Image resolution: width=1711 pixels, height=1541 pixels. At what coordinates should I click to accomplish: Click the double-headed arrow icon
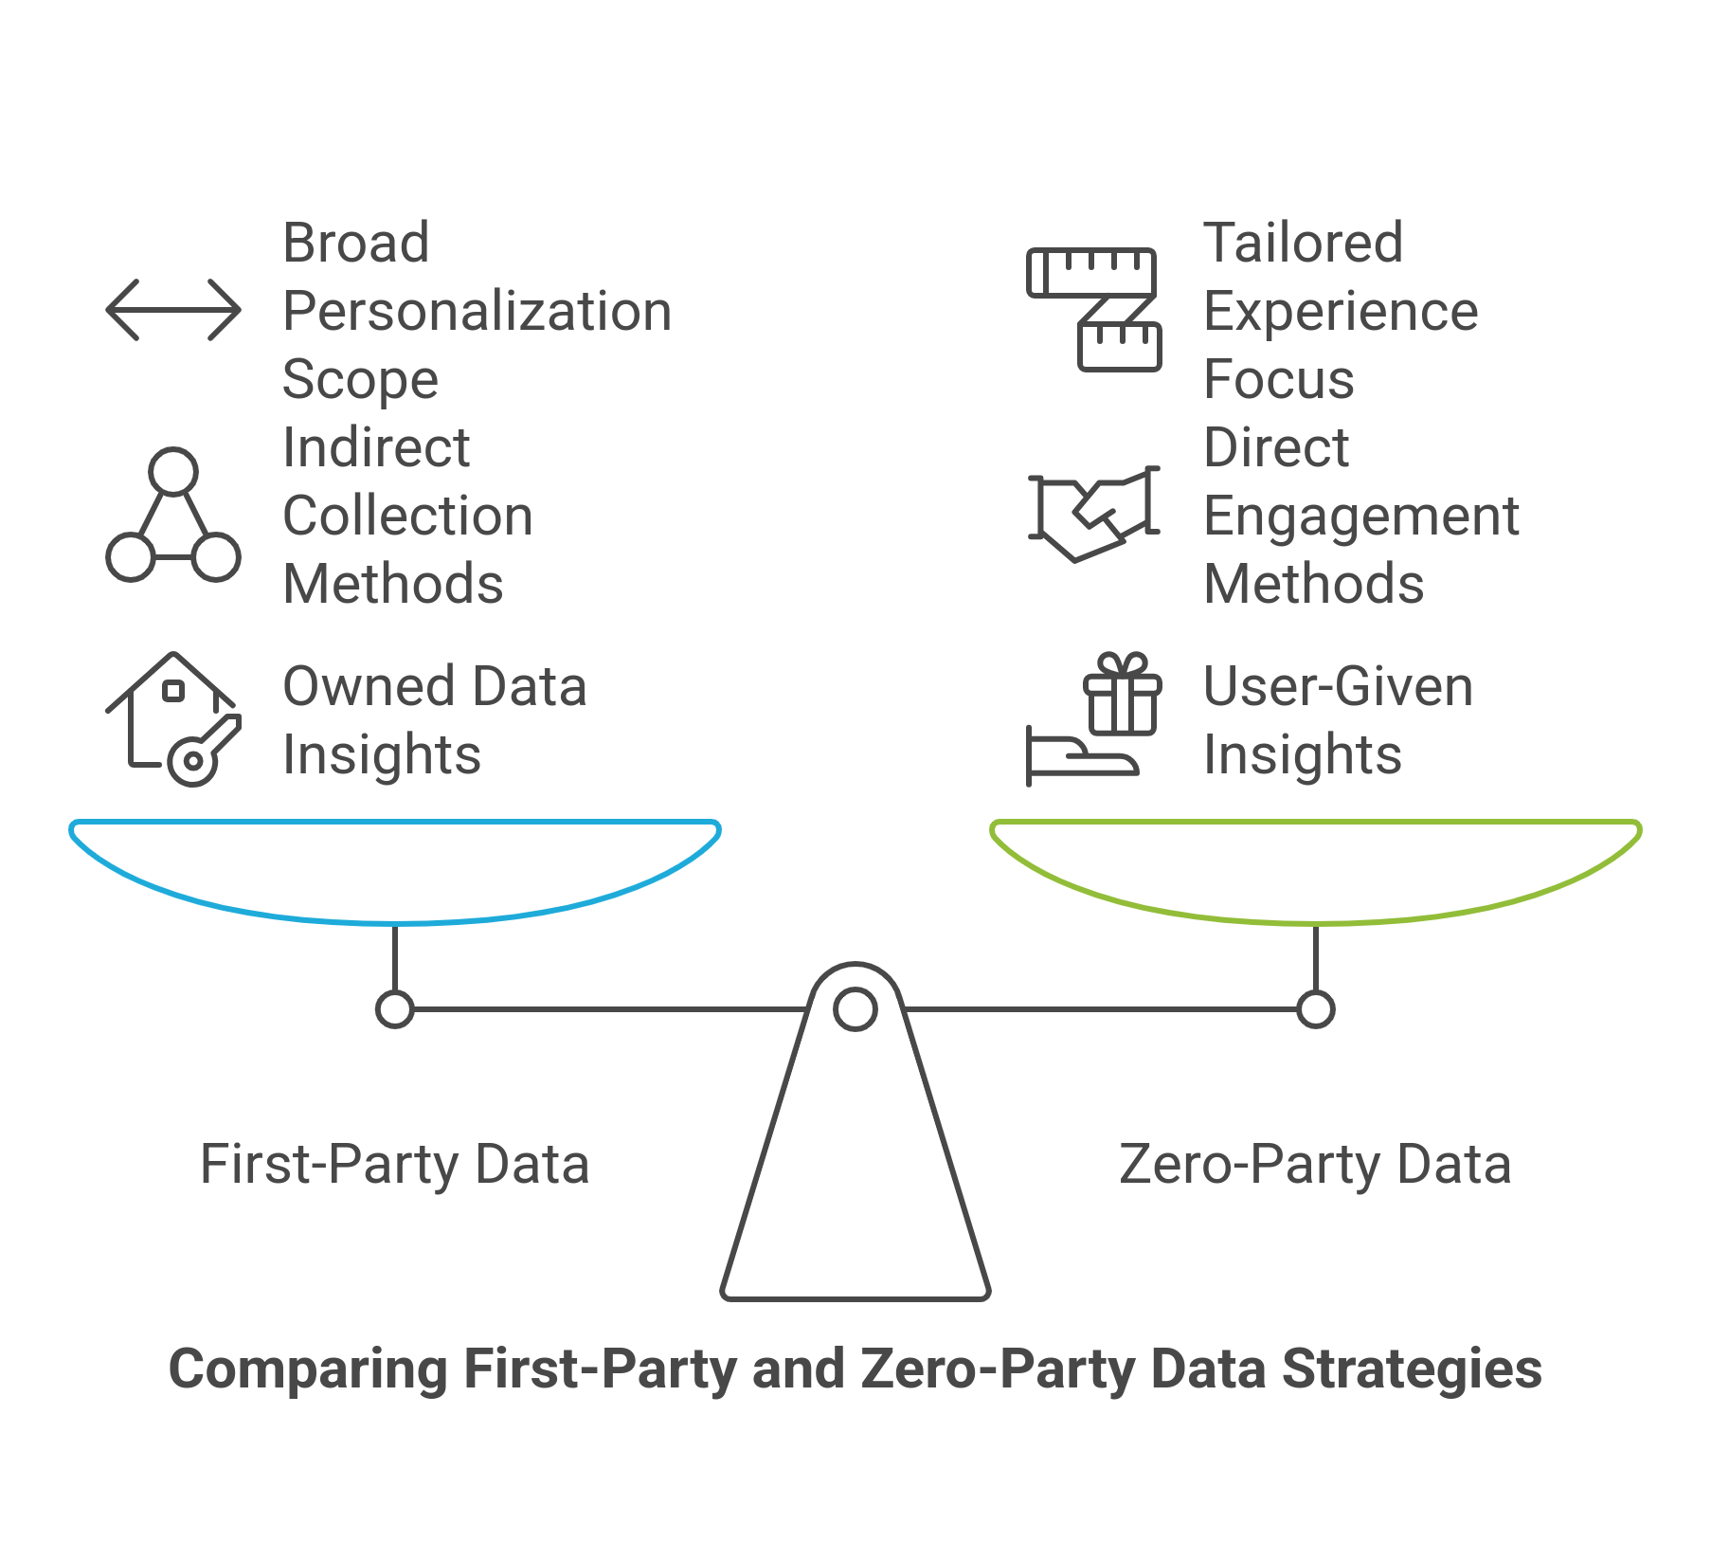[x=173, y=310]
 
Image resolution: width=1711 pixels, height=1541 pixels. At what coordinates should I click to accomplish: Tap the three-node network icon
[x=173, y=517]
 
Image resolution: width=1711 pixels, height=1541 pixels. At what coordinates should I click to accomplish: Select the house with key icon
[x=173, y=718]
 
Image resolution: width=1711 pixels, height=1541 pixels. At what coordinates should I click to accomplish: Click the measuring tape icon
[x=1093, y=309]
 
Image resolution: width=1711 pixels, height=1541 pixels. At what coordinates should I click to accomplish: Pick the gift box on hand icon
[x=1093, y=720]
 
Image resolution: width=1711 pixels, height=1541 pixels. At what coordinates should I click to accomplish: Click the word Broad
[x=355, y=243]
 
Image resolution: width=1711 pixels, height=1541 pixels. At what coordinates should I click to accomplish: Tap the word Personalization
[x=477, y=312]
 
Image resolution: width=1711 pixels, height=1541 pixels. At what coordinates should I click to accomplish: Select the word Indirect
[x=376, y=447]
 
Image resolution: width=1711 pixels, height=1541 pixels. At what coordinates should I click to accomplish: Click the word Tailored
[x=1303, y=243]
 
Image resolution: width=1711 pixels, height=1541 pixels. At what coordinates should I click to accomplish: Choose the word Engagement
[x=1361, y=517]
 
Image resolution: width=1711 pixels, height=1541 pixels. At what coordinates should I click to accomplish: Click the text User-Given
[x=1338, y=686]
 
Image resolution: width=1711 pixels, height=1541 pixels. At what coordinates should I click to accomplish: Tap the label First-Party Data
[x=394, y=1165]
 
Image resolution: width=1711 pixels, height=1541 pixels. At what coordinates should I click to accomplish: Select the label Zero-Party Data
[x=1315, y=1165]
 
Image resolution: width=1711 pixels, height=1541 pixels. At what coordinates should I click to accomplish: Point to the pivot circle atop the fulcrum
[x=855, y=1009]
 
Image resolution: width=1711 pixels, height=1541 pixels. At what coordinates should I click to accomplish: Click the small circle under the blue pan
[x=394, y=1009]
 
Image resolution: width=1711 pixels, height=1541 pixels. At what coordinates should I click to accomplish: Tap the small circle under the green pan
[x=1315, y=1009]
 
